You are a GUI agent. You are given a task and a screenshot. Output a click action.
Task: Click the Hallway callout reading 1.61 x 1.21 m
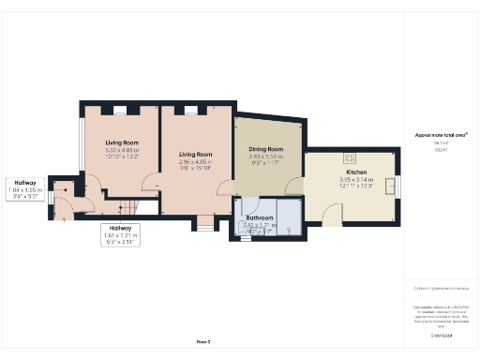tap(120, 234)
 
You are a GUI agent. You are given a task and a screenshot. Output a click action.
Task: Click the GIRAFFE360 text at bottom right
tap(442, 335)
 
